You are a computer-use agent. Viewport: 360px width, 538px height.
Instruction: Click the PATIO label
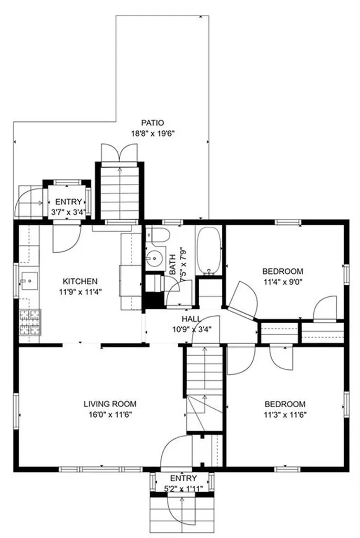153,122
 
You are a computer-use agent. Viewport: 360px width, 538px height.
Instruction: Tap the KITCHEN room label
80,282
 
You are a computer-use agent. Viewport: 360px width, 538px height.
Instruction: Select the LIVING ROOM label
110,404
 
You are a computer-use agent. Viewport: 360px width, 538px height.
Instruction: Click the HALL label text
191,319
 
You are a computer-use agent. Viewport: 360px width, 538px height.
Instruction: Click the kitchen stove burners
30,323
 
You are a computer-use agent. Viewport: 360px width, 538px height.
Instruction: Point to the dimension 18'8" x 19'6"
153,133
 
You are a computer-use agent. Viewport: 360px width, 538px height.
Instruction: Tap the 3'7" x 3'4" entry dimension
68,212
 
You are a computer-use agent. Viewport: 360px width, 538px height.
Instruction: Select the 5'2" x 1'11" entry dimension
183,488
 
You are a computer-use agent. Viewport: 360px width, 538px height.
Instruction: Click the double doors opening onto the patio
119,152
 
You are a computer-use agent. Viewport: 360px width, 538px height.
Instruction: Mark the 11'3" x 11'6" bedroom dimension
285,415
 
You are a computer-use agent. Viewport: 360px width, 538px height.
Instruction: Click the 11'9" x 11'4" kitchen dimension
80,292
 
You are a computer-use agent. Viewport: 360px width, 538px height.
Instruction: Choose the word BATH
172,264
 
